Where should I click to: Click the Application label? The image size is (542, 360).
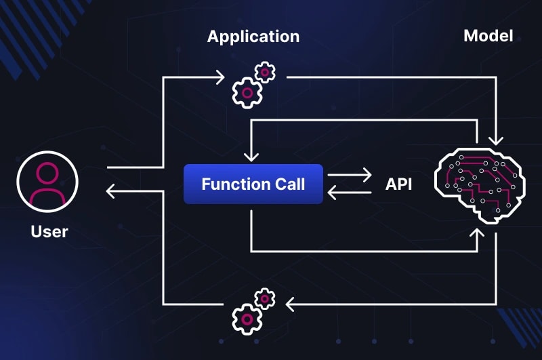[x=253, y=36]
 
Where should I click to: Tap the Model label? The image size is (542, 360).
[x=488, y=35]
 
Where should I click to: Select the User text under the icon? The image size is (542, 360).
[x=49, y=231]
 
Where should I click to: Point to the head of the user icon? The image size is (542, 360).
[x=47, y=173]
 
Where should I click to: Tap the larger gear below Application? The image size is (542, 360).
[x=247, y=92]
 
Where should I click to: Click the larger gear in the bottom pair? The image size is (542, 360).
[x=247, y=317]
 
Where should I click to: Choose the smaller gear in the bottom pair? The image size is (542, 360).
[x=264, y=297]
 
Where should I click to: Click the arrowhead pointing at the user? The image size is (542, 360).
[x=110, y=193]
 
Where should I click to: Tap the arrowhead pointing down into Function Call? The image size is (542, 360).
[x=251, y=156]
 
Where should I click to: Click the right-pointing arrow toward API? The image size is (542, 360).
[x=366, y=176]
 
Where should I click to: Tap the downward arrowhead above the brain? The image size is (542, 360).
[x=496, y=140]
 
